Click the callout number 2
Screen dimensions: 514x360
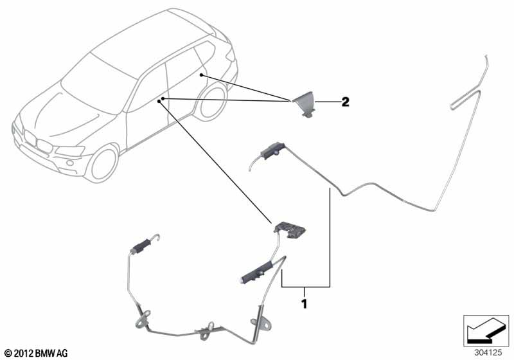(x=345, y=102)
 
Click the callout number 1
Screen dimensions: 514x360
(x=305, y=304)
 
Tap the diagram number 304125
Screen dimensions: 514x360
(x=488, y=353)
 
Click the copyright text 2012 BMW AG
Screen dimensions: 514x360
(x=37, y=353)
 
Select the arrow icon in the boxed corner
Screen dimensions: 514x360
(x=485, y=332)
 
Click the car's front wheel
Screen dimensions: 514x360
(x=103, y=163)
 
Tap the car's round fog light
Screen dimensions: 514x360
(x=70, y=163)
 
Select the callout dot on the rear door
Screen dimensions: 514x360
(x=202, y=75)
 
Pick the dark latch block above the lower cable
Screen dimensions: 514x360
(x=290, y=230)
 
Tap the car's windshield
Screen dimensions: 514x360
(x=98, y=85)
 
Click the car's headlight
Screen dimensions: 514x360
(x=71, y=150)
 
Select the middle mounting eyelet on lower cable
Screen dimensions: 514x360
(x=205, y=329)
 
